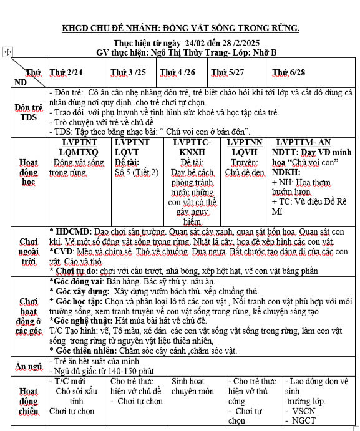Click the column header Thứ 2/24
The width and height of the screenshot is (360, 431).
tap(66, 72)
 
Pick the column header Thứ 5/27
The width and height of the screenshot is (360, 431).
tap(227, 72)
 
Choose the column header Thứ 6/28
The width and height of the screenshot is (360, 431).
tap(289, 72)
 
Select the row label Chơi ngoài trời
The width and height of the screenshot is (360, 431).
tap(28, 251)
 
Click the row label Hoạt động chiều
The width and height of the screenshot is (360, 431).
tap(28, 401)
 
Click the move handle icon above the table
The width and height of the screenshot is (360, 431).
tap(7, 53)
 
